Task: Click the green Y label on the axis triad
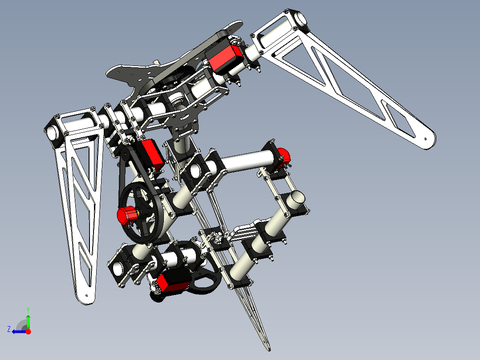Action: pos(28,309)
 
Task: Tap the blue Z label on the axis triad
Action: pos(9,329)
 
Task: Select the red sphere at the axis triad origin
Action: pos(28,331)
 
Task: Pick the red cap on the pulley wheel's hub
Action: pos(126,215)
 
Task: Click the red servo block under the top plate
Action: pos(226,58)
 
